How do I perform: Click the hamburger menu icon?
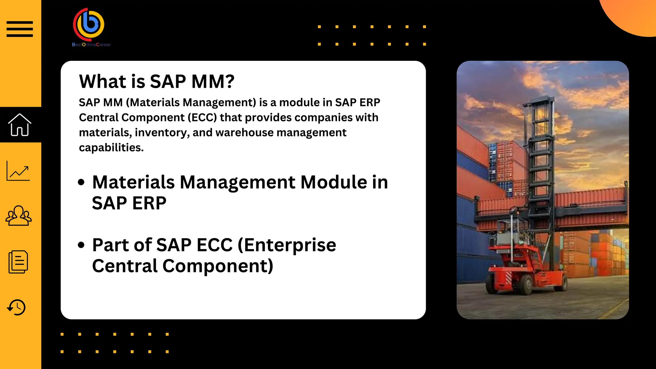tap(20, 29)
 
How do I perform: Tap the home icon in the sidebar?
tap(20, 125)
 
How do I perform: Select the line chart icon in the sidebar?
tap(18, 171)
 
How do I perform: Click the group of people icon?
tap(19, 216)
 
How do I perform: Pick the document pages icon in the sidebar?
tap(18, 262)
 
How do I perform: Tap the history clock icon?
tap(16, 307)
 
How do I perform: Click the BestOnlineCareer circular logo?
tap(89, 24)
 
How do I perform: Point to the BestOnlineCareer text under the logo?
tap(91, 45)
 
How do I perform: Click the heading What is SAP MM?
tap(157, 81)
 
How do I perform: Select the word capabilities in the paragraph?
tap(111, 148)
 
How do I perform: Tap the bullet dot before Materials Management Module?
tap(81, 182)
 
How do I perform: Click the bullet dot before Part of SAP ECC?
tap(81, 245)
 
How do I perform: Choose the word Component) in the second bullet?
tap(218, 266)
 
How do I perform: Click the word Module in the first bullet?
tap(333, 182)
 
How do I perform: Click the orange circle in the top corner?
tap(633, 14)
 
